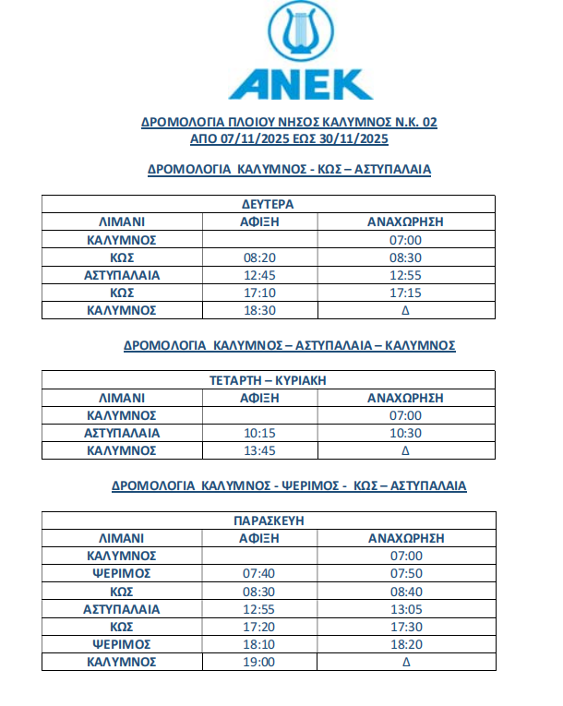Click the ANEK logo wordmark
301,83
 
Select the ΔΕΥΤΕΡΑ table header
268,204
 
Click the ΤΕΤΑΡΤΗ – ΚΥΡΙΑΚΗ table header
268,380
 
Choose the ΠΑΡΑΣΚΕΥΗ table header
268,521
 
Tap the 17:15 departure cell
406,293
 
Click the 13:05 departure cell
406,609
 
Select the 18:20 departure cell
406,644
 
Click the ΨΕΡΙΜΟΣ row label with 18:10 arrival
122,644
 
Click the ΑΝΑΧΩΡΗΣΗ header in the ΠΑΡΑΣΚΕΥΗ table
406,538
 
